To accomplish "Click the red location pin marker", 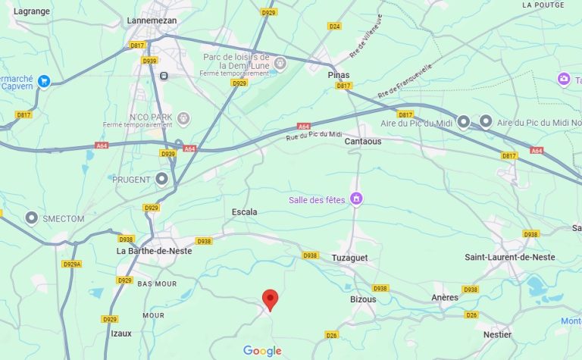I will (269, 300).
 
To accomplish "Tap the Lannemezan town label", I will (152, 20).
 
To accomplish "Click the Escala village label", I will (244, 212).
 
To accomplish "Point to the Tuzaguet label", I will (349, 258).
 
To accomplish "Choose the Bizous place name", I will (363, 299).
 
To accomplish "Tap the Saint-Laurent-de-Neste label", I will (509, 258).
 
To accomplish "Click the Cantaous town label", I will (363, 142).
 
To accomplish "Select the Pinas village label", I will (338, 76).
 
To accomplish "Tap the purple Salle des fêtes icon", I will (356, 199).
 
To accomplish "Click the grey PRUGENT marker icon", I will (161, 180).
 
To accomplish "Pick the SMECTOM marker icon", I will (32, 218).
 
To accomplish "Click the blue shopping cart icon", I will (44, 81).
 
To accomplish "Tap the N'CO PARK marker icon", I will (183, 118).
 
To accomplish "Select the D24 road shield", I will (334, 26).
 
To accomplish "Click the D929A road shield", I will (72, 265).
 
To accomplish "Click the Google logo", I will (262, 351).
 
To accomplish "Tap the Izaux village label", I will (121, 333).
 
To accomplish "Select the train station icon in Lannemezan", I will (163, 76).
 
